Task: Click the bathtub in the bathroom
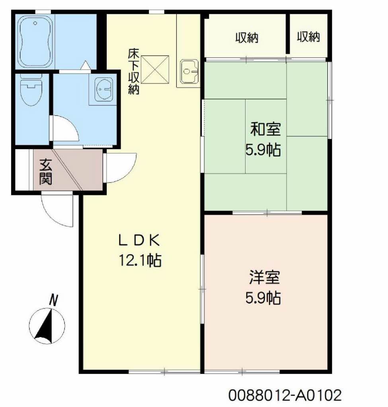(35, 41)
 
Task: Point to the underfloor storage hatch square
(155, 70)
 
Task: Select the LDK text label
(139, 240)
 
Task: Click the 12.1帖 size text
(140, 260)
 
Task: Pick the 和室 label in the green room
(265, 129)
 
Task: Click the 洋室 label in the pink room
(264, 277)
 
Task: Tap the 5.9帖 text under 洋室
(263, 298)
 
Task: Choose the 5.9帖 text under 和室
(263, 150)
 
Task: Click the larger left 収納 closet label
(247, 38)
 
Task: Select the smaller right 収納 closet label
(308, 37)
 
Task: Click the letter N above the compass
(53, 300)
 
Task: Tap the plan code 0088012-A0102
(285, 395)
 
